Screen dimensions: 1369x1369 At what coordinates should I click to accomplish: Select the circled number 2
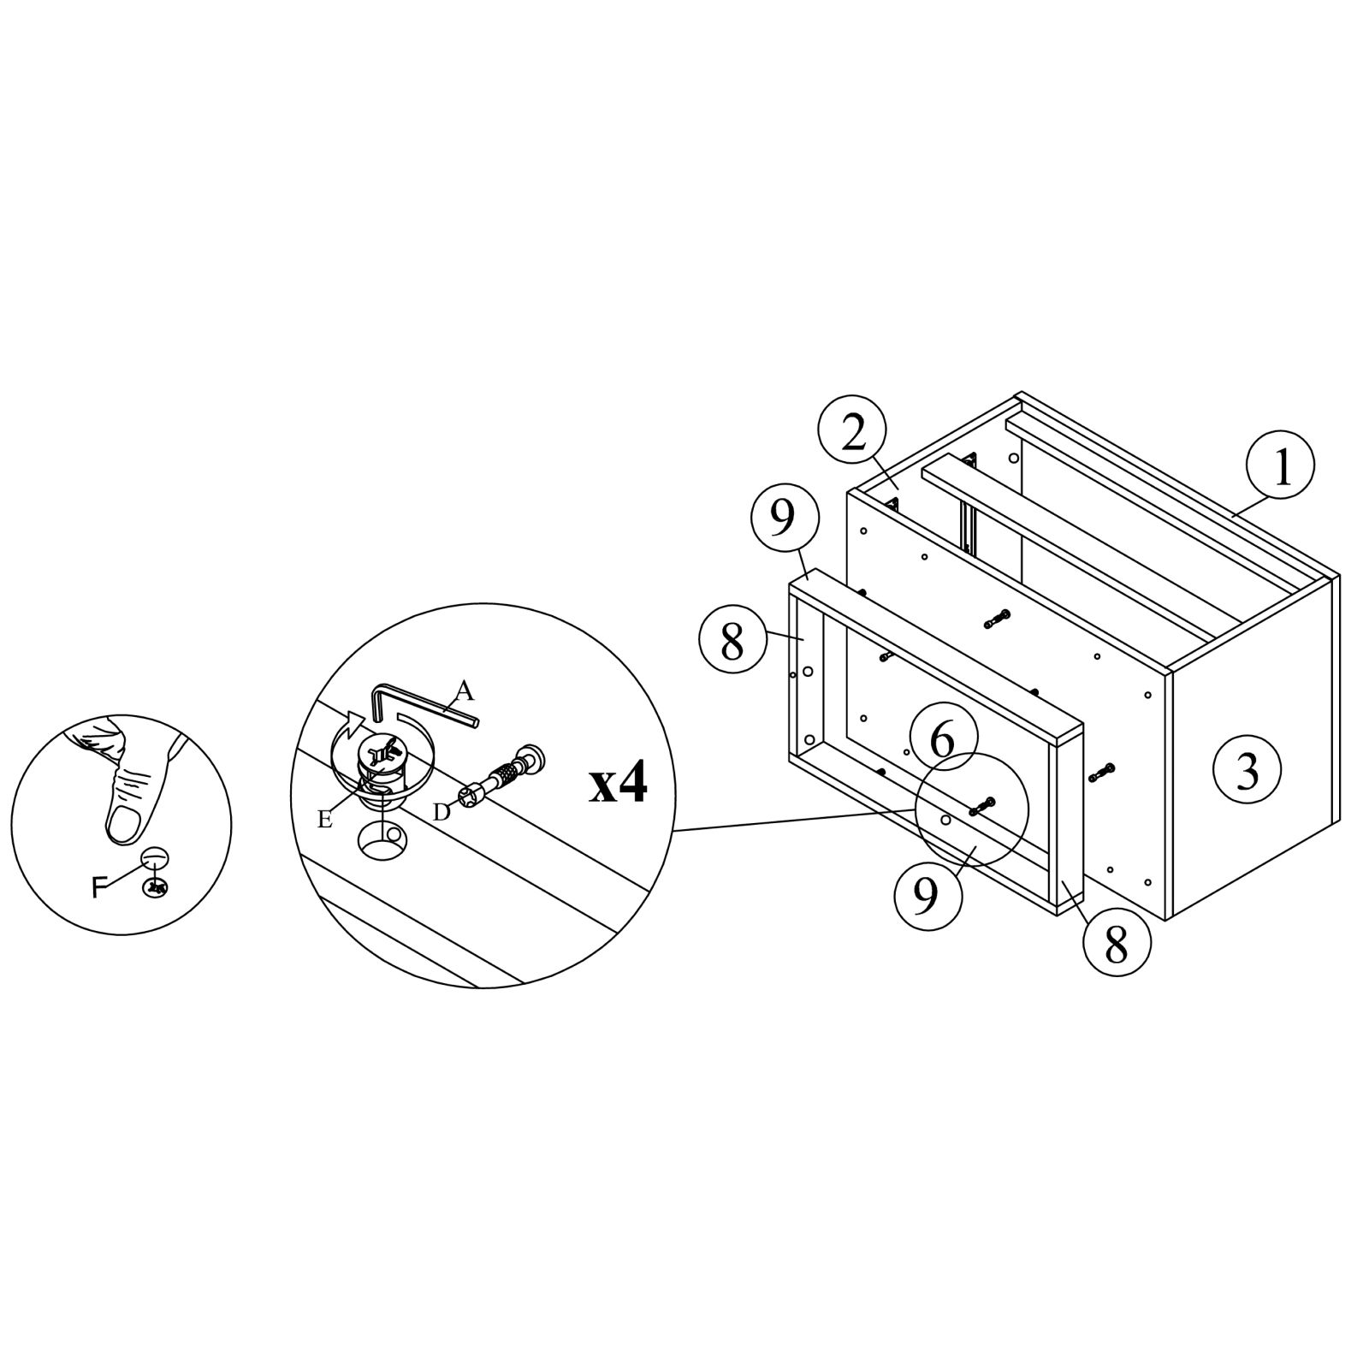click(x=852, y=434)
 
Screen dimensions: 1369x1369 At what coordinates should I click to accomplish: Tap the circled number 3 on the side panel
click(x=1248, y=771)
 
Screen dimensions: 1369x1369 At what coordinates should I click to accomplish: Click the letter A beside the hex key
click(x=465, y=689)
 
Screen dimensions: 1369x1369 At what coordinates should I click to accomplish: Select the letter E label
click(x=325, y=819)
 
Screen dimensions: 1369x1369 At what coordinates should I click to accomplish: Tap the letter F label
click(x=100, y=888)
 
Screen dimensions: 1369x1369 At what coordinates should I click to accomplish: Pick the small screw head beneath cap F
click(x=156, y=888)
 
